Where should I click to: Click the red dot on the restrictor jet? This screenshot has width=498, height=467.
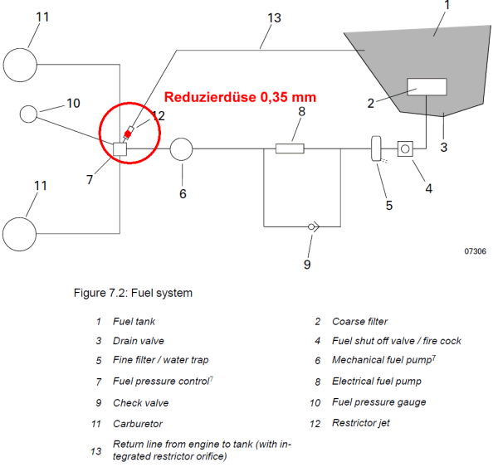coord(128,134)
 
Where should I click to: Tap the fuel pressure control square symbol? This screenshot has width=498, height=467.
coord(120,149)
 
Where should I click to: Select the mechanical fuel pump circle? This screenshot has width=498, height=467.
coord(181,149)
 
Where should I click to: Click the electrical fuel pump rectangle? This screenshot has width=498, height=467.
coord(290,148)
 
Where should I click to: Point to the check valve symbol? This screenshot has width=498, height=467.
coord(313,226)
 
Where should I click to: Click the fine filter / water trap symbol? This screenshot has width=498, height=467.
coord(376,148)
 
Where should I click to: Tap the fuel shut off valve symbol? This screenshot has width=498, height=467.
coord(405,148)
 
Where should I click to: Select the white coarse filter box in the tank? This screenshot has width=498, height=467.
coord(427,86)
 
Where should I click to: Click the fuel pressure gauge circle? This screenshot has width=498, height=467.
coord(28,114)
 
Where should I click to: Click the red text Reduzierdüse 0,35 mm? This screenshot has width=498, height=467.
coord(240,97)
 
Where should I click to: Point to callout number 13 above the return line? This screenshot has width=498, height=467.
coord(274,17)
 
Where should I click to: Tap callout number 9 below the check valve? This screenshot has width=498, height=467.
coord(307,265)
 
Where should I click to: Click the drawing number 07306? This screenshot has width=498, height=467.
coord(475,251)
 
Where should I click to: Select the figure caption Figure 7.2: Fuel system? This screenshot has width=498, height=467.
coord(133,293)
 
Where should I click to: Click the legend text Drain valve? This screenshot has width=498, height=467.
coord(139,341)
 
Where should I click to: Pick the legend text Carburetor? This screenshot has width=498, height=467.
coord(138,424)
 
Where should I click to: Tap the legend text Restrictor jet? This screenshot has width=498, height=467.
coord(361,423)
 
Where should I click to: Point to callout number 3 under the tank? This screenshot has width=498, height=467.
coord(444,148)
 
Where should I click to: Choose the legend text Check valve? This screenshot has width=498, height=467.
coord(141,403)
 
